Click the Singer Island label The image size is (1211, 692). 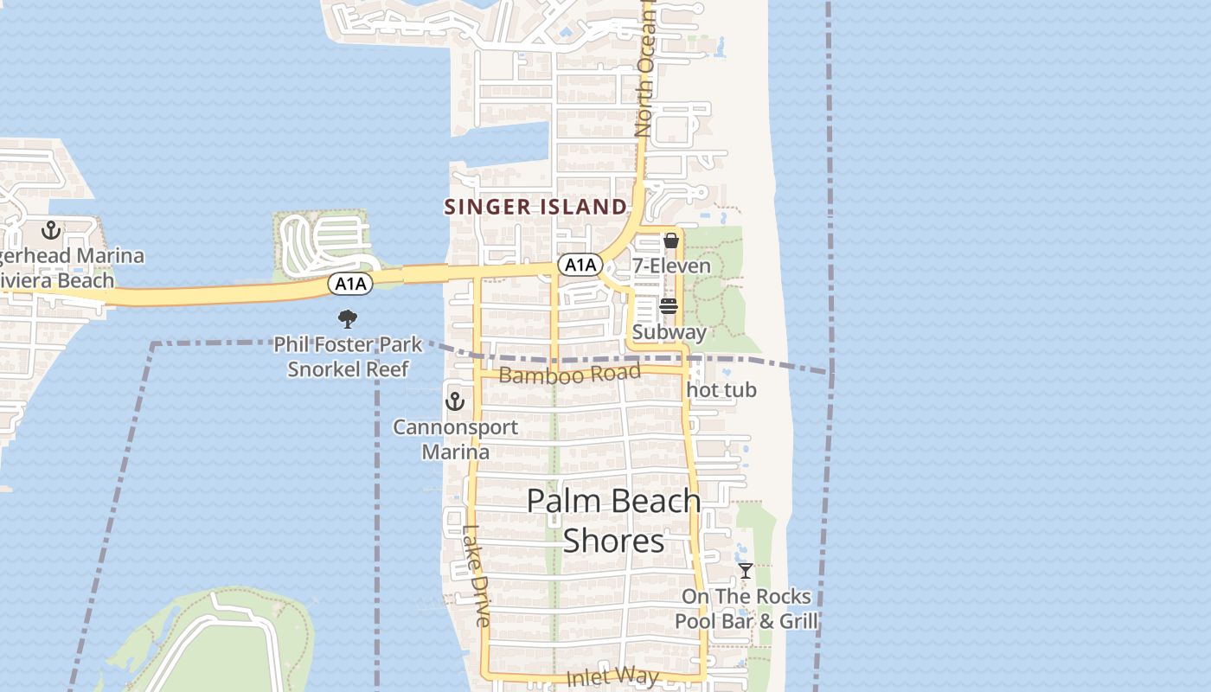(x=535, y=207)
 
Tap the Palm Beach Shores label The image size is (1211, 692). (x=613, y=520)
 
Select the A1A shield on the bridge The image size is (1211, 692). (x=350, y=284)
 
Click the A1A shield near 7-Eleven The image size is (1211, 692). (x=580, y=265)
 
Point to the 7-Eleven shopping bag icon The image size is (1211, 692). (x=670, y=240)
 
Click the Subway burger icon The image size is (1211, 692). (x=668, y=306)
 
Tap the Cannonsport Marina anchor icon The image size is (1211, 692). (x=455, y=401)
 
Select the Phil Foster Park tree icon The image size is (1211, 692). (x=348, y=319)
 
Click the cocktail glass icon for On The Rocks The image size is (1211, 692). (x=745, y=571)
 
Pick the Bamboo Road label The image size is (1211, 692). (x=570, y=375)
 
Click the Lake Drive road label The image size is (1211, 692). (x=476, y=576)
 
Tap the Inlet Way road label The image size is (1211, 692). (x=612, y=677)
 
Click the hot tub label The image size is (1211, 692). (x=721, y=390)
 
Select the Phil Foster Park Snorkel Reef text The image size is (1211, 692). (x=348, y=356)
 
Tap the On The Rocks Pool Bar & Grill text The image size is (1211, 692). (x=746, y=609)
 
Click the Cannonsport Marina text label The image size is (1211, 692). (x=455, y=439)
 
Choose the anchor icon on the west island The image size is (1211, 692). (x=51, y=230)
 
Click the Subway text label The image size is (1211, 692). (x=669, y=332)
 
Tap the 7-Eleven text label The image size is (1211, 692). (x=671, y=266)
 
